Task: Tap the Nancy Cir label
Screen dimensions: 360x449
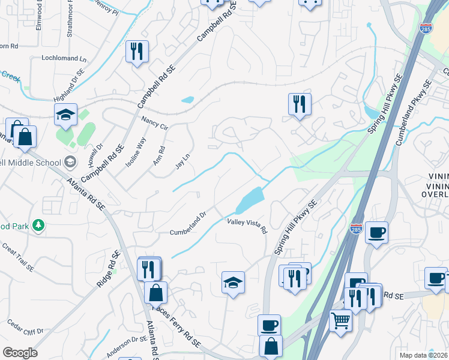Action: tap(154, 123)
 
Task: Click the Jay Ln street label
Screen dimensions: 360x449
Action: tap(182, 160)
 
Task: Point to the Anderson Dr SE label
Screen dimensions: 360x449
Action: tap(127, 346)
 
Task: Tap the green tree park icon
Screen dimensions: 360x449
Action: tap(39, 225)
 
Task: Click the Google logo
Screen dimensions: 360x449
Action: tap(20, 353)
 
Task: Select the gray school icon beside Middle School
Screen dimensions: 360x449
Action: tap(70, 161)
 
